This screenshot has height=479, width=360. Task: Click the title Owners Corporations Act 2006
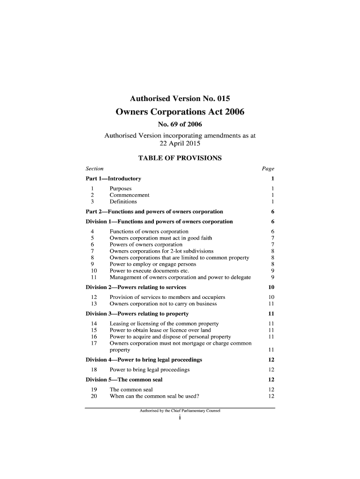(x=180, y=112)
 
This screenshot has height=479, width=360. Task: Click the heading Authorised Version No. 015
(x=180, y=99)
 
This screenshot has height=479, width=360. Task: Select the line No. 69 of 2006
(x=180, y=125)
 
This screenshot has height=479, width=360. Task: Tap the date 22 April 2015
(x=180, y=144)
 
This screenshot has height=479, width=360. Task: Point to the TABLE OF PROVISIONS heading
(x=180, y=158)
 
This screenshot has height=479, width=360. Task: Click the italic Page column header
(x=268, y=168)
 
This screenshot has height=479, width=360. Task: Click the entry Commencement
(x=130, y=195)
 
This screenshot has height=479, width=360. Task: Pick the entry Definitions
(x=123, y=202)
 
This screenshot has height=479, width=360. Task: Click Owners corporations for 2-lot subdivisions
(x=161, y=251)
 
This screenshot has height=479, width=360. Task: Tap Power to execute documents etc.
(x=149, y=271)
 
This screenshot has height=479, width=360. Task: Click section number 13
(x=93, y=304)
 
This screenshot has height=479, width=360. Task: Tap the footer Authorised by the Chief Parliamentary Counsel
(x=180, y=411)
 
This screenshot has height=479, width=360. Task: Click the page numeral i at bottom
(x=180, y=418)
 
